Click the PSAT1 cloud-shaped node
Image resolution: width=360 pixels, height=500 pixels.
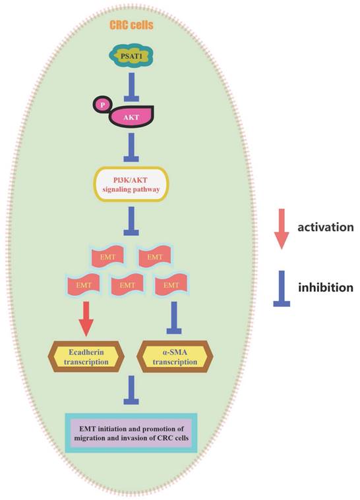click(131, 57)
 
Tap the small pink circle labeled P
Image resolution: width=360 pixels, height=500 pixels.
click(102, 105)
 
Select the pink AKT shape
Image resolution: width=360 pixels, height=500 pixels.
click(131, 117)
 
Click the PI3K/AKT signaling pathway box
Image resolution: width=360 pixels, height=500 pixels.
click(131, 184)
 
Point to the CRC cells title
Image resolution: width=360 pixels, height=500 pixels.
click(131, 25)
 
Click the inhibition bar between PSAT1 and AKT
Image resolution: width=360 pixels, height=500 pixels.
click(131, 87)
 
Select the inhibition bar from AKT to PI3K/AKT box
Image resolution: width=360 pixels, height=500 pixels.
click(131, 148)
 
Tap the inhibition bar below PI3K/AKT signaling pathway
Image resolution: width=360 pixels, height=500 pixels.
click(131, 221)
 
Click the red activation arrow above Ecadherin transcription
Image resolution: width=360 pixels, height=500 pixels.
click(86, 319)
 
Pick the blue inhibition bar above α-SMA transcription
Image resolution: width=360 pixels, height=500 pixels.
click(174, 318)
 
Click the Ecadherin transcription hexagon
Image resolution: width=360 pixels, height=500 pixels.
click(86, 357)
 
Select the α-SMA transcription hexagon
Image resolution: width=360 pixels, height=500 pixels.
click(175, 357)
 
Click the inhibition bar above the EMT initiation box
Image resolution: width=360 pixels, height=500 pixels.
click(131, 390)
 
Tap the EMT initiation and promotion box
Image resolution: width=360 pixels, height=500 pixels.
click(131, 433)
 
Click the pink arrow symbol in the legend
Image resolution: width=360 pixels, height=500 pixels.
click(282, 229)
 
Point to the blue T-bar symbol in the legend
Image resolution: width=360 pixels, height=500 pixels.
click(282, 289)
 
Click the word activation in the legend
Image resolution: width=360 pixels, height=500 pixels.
click(326, 227)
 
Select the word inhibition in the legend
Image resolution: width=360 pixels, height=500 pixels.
click(326, 287)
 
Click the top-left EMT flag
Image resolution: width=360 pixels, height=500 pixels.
click(107, 256)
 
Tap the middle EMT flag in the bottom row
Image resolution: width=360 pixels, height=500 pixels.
click(127, 285)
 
